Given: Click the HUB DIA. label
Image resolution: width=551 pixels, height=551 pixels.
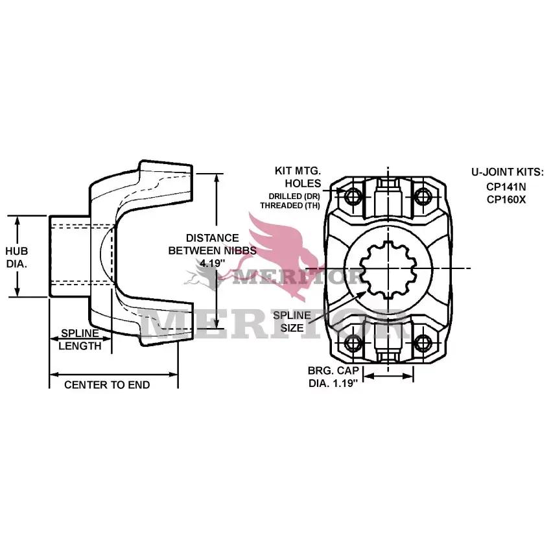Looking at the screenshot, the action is [x=16, y=257].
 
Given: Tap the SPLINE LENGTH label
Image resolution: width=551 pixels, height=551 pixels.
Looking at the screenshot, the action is [x=80, y=340].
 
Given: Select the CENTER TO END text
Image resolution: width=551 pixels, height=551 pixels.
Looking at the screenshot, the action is [x=107, y=385].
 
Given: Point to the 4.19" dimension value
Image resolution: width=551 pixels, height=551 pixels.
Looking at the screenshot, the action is [x=212, y=263].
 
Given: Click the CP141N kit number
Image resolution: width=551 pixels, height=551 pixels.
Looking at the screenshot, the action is [x=506, y=187].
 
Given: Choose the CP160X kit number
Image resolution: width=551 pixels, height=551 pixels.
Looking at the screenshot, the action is [x=506, y=199].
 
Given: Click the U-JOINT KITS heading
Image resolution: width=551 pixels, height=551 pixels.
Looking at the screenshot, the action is [x=507, y=172].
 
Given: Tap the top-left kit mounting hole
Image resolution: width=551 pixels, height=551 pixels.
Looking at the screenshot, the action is [x=353, y=196].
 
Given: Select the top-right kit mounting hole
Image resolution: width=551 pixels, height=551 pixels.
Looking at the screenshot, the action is [x=423, y=196].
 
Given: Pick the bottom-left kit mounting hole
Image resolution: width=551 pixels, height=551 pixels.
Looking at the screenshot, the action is [x=353, y=343].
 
